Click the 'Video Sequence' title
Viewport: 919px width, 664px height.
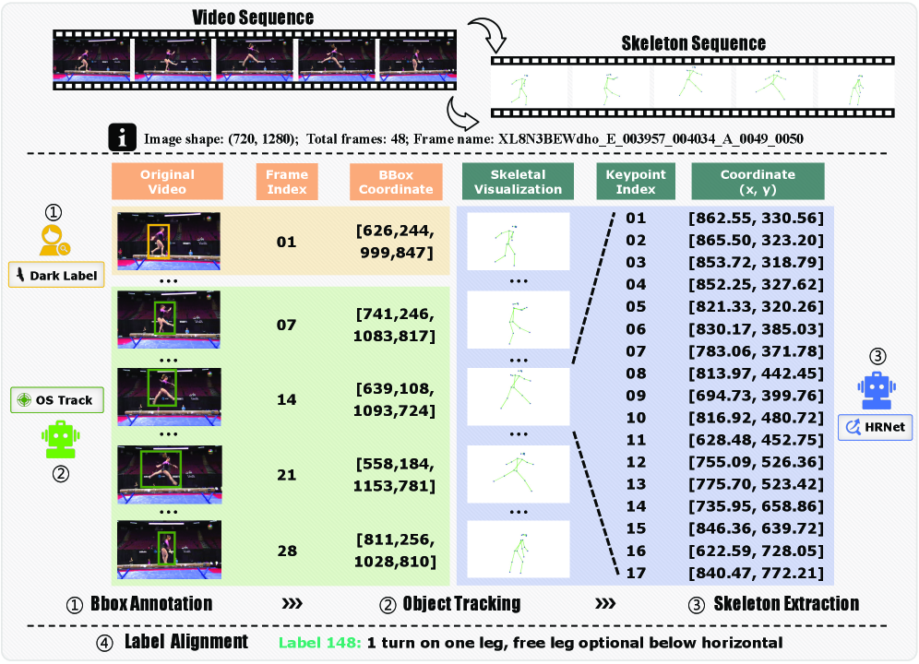coord(253,18)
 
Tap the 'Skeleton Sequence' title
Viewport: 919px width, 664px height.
coord(693,42)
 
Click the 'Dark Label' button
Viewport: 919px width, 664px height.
coord(55,275)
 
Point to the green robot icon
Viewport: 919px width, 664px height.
coord(59,439)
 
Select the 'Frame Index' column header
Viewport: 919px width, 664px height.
coord(286,182)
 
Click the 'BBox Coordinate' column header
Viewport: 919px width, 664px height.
coord(392,182)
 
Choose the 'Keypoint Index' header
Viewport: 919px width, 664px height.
coord(636,182)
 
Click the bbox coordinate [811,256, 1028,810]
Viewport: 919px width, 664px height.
coord(395,551)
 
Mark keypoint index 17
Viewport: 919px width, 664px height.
coord(636,573)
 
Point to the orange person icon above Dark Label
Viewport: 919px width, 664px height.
coord(53,240)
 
